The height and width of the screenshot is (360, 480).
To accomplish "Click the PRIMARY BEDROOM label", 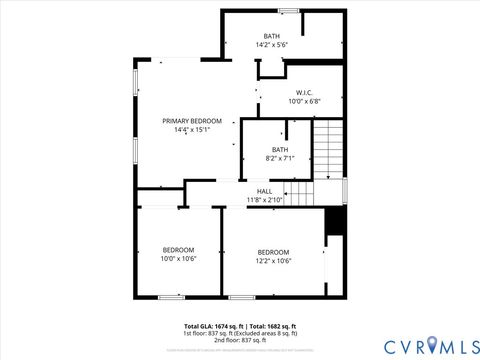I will (192, 120).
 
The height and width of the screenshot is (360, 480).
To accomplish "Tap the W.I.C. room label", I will (304, 92).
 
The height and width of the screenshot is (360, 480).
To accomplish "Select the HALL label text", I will (265, 191).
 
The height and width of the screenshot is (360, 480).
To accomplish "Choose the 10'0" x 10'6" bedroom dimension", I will (179, 258).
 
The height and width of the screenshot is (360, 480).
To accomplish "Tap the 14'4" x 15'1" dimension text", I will (192, 129).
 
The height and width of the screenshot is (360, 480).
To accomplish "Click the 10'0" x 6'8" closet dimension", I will (304, 101).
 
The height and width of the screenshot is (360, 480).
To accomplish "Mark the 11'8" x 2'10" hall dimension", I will (265, 199).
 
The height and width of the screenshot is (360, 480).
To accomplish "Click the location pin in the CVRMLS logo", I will (431, 346).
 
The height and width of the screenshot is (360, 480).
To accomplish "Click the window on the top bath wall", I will (289, 11).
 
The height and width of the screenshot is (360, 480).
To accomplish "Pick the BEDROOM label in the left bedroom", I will (179, 249).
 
